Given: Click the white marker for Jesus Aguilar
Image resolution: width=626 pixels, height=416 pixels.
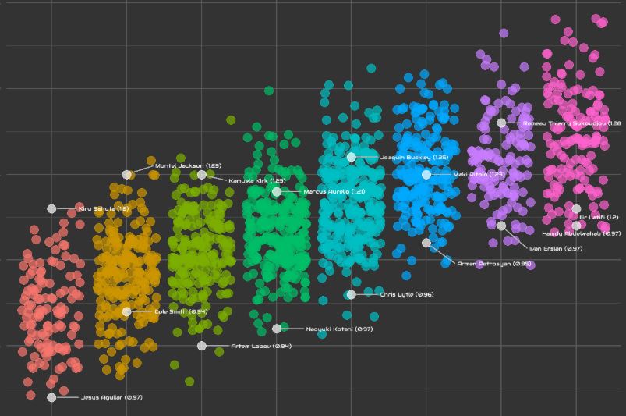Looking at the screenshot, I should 51,397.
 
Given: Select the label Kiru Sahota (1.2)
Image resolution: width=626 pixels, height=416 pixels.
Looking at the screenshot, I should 103,209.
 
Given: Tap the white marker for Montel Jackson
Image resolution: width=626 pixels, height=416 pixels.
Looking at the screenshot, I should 127,175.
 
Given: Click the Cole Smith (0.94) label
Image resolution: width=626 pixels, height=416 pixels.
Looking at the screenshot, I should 181,311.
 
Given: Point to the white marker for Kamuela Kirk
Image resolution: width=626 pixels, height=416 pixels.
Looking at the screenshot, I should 202,175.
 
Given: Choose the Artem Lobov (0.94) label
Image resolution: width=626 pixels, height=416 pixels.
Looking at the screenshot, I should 261,346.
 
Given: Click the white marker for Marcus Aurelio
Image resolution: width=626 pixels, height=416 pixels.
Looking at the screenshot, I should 277,192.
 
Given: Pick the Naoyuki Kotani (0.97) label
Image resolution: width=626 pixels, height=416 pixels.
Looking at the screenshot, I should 339,329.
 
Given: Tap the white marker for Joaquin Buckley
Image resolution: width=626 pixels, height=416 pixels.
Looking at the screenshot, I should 352,157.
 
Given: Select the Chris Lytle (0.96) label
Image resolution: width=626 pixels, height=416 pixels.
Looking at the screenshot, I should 406,294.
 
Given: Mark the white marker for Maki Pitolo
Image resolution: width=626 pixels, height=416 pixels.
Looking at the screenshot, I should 426,175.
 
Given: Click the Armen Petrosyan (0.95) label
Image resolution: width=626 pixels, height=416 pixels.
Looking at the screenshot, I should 494,264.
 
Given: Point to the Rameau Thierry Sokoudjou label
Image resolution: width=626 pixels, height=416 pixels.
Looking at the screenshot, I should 571,123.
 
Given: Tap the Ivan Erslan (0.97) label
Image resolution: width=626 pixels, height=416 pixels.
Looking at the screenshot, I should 555,248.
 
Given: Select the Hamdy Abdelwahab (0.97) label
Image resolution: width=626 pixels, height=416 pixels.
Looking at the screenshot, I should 581,233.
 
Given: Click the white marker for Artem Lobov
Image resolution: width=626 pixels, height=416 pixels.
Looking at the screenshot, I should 202,346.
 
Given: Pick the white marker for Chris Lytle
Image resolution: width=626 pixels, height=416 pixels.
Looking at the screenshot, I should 352,294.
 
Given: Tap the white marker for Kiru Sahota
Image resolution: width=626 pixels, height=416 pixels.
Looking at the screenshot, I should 51,208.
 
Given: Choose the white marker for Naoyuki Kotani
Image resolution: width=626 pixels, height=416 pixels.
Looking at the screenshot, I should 277,329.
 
